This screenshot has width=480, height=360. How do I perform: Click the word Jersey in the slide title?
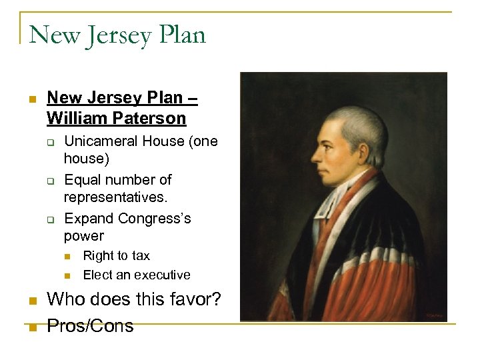[x=117, y=35]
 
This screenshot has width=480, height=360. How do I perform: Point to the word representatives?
[x=115, y=198]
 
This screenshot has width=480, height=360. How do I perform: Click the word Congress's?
[x=154, y=218]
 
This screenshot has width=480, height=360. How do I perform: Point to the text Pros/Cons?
[x=90, y=325]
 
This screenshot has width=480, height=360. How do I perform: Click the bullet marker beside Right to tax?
[x=68, y=256]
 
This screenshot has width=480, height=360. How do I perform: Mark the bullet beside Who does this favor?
[x=31, y=301]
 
